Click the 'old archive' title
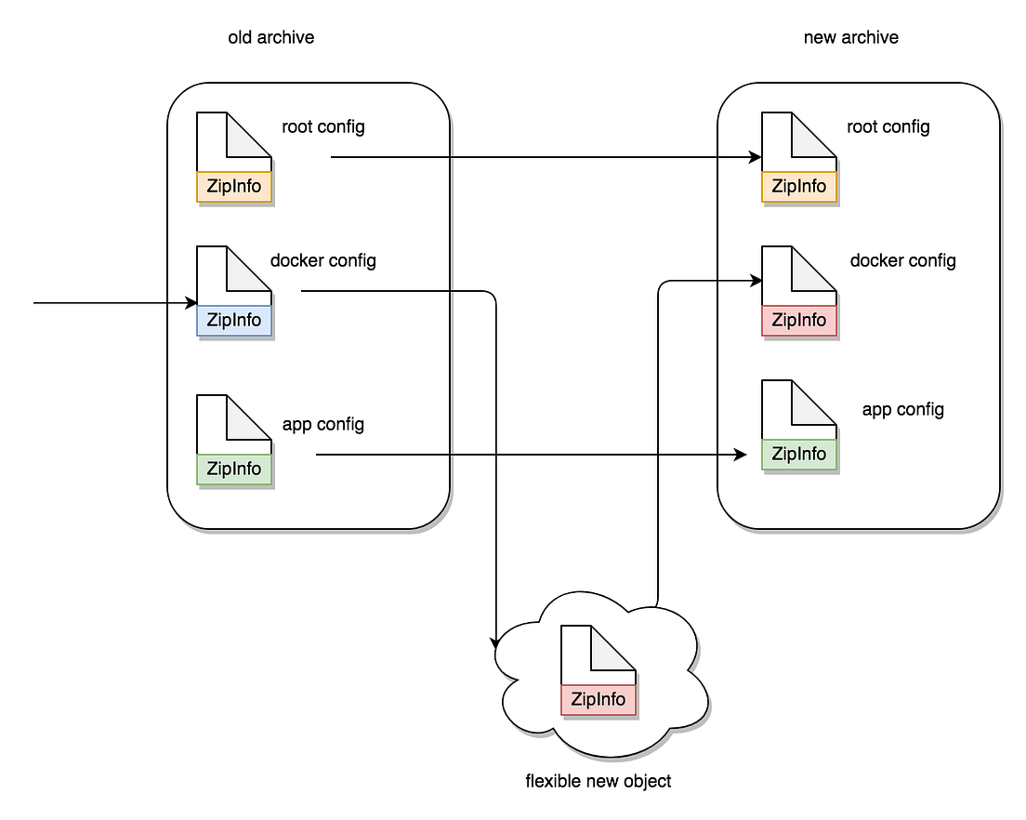point(270,38)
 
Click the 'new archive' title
point(850,38)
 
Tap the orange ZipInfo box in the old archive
point(234,186)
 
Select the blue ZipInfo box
point(234,320)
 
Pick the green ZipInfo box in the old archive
point(234,469)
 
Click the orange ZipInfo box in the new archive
point(799,186)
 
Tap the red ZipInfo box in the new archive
point(799,320)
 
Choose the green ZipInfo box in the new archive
point(799,454)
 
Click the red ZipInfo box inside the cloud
point(598,699)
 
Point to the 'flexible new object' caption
point(598,781)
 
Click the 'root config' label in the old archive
point(323,127)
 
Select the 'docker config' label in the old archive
point(322,260)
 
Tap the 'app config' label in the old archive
point(322,425)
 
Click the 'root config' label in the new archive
point(888,127)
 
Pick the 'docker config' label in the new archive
point(902,260)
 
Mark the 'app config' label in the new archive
point(902,410)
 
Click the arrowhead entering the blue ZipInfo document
point(191,303)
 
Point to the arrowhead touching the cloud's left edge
point(496,641)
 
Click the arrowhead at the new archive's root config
point(756,157)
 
